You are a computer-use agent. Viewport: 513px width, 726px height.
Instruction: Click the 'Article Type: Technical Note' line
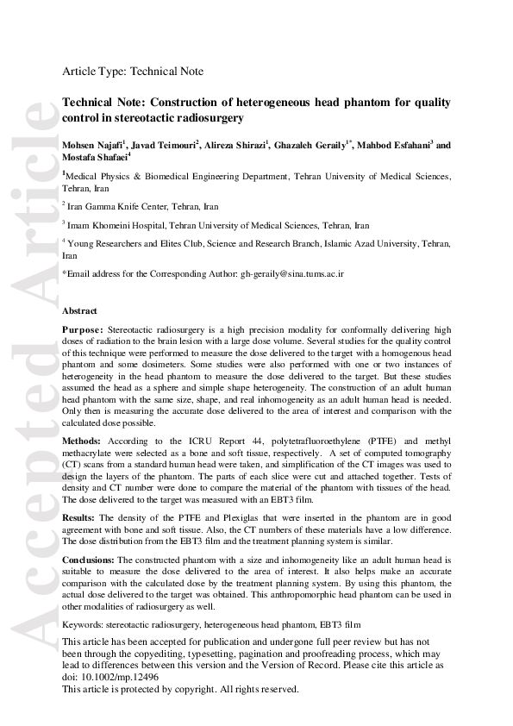(x=133, y=72)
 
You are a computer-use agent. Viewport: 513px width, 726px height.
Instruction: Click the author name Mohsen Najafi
(x=92, y=146)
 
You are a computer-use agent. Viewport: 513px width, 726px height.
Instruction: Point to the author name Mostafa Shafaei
(x=93, y=158)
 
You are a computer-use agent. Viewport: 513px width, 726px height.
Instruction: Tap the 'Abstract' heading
(x=80, y=310)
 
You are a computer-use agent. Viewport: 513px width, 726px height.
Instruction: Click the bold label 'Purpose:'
(x=83, y=329)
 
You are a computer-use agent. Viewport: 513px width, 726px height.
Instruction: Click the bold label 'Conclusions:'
(x=89, y=560)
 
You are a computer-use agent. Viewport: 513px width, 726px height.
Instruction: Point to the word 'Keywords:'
(x=83, y=623)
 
